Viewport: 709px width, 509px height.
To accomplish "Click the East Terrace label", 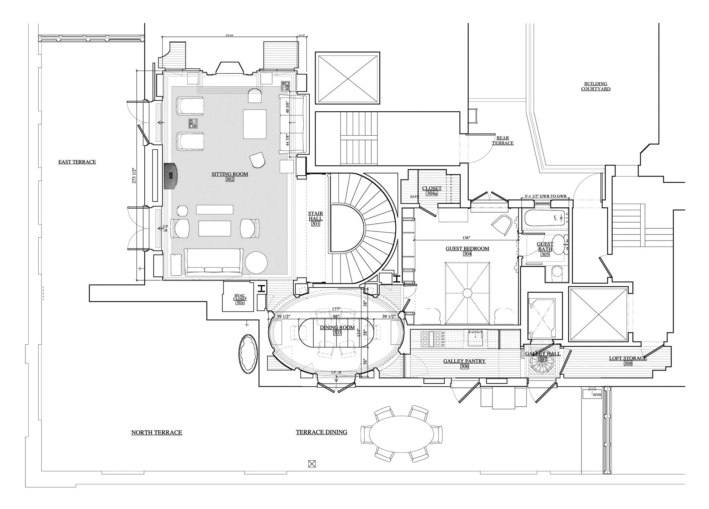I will (x=77, y=162).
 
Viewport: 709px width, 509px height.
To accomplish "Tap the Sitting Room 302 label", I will (x=230, y=176).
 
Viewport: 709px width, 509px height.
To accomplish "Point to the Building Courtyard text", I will (x=595, y=86).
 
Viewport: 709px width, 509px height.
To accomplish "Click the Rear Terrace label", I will (x=502, y=140).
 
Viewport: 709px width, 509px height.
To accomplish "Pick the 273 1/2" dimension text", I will (x=134, y=175).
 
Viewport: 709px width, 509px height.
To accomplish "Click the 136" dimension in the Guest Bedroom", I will (x=466, y=238).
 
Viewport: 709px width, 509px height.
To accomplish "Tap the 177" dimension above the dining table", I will (x=336, y=309).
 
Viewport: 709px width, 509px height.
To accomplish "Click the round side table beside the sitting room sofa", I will (x=256, y=263).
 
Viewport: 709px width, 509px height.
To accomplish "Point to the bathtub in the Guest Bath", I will (x=544, y=218).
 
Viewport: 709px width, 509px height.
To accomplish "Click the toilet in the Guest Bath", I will (x=557, y=273).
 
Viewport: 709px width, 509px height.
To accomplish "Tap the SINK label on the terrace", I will (x=597, y=395).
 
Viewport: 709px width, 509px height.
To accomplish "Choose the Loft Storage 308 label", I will (x=628, y=360).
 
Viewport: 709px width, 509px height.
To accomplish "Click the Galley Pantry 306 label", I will (x=464, y=363).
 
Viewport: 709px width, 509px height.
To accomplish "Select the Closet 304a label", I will (x=432, y=190).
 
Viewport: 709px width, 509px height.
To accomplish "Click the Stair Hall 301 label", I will (x=315, y=219).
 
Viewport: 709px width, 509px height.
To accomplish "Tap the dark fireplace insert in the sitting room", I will (x=171, y=175).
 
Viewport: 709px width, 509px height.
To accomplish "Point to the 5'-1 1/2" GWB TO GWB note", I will (x=545, y=196).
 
